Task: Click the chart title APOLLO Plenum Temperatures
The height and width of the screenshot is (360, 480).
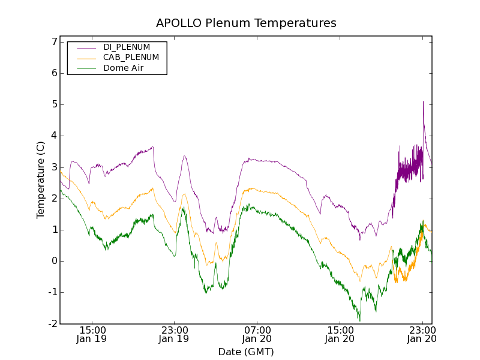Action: click(x=246, y=23)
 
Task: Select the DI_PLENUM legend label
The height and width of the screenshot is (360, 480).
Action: click(x=127, y=47)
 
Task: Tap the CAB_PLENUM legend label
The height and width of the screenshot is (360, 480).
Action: click(x=131, y=58)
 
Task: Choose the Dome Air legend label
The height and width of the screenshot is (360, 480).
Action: click(x=123, y=68)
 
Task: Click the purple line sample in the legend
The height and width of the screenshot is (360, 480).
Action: click(x=85, y=47)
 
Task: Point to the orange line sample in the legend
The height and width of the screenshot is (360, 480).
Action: click(x=85, y=58)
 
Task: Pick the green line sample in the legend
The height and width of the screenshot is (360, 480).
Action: click(x=85, y=68)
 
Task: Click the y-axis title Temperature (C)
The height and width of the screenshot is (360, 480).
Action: click(x=40, y=180)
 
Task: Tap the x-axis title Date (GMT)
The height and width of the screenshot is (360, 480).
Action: click(x=246, y=352)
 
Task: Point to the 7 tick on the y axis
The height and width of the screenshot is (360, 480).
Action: click(x=54, y=42)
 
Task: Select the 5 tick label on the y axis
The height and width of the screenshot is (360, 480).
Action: click(x=54, y=104)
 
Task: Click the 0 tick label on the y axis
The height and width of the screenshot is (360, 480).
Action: click(x=54, y=261)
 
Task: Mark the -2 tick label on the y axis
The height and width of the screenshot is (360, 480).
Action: click(x=52, y=323)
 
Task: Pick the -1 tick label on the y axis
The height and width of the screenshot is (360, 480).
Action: click(x=52, y=292)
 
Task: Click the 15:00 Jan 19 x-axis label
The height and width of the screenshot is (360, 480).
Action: click(x=92, y=334)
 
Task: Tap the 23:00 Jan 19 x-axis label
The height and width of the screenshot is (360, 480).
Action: click(x=175, y=334)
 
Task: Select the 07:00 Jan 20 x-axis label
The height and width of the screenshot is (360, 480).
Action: click(x=257, y=334)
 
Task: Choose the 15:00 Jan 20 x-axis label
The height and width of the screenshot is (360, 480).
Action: click(x=340, y=334)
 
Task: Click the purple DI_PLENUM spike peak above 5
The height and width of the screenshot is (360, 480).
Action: click(x=423, y=101)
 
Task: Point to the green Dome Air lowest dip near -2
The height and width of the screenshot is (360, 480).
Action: click(x=359, y=320)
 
